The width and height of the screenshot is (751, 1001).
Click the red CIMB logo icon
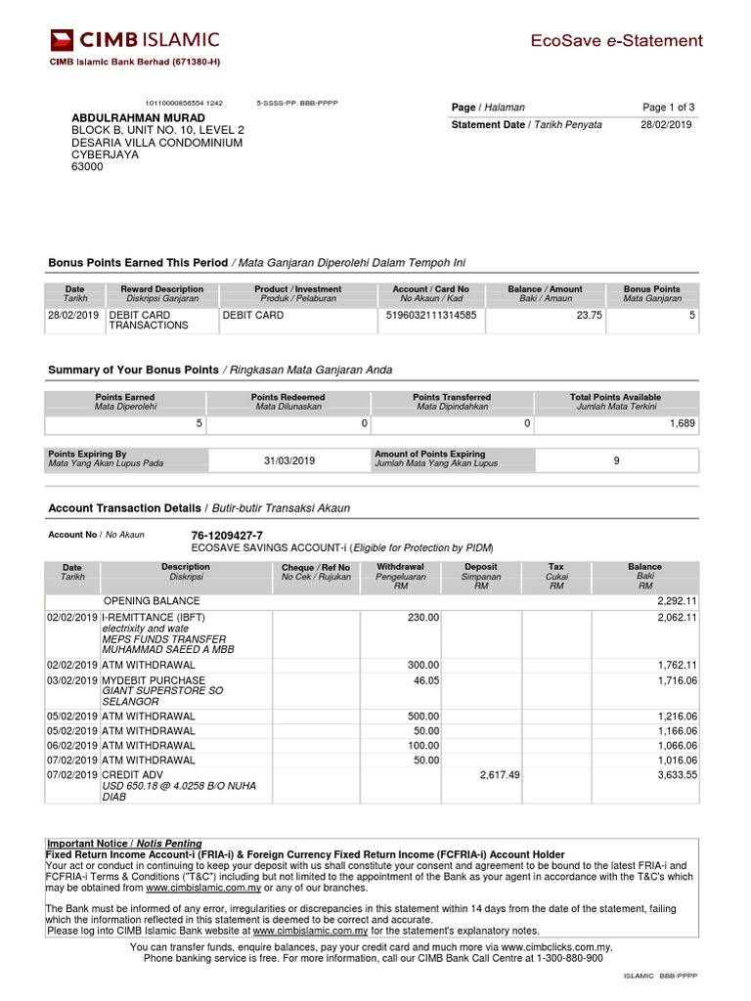coord(62,40)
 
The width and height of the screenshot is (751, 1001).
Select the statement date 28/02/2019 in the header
coord(666,125)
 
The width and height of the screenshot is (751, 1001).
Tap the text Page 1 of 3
coord(668,108)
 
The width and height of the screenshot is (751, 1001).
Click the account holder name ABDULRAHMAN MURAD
coord(139,117)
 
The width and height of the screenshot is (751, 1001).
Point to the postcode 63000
coord(87,167)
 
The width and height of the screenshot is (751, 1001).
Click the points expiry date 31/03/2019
coord(289,460)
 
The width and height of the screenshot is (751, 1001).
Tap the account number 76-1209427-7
coord(227,536)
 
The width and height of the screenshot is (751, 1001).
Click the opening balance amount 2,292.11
coord(677,601)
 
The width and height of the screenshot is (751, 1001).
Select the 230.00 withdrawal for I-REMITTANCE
coord(423,618)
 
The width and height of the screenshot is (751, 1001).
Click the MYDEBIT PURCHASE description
coord(154,680)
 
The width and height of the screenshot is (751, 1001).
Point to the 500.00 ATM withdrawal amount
coord(423,717)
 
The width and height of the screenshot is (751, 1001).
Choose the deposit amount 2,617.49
coord(500,774)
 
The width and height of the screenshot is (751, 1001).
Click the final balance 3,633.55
coord(677,774)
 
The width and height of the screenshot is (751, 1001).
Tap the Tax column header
coord(555,567)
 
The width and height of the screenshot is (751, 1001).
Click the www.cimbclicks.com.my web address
coord(552,947)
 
